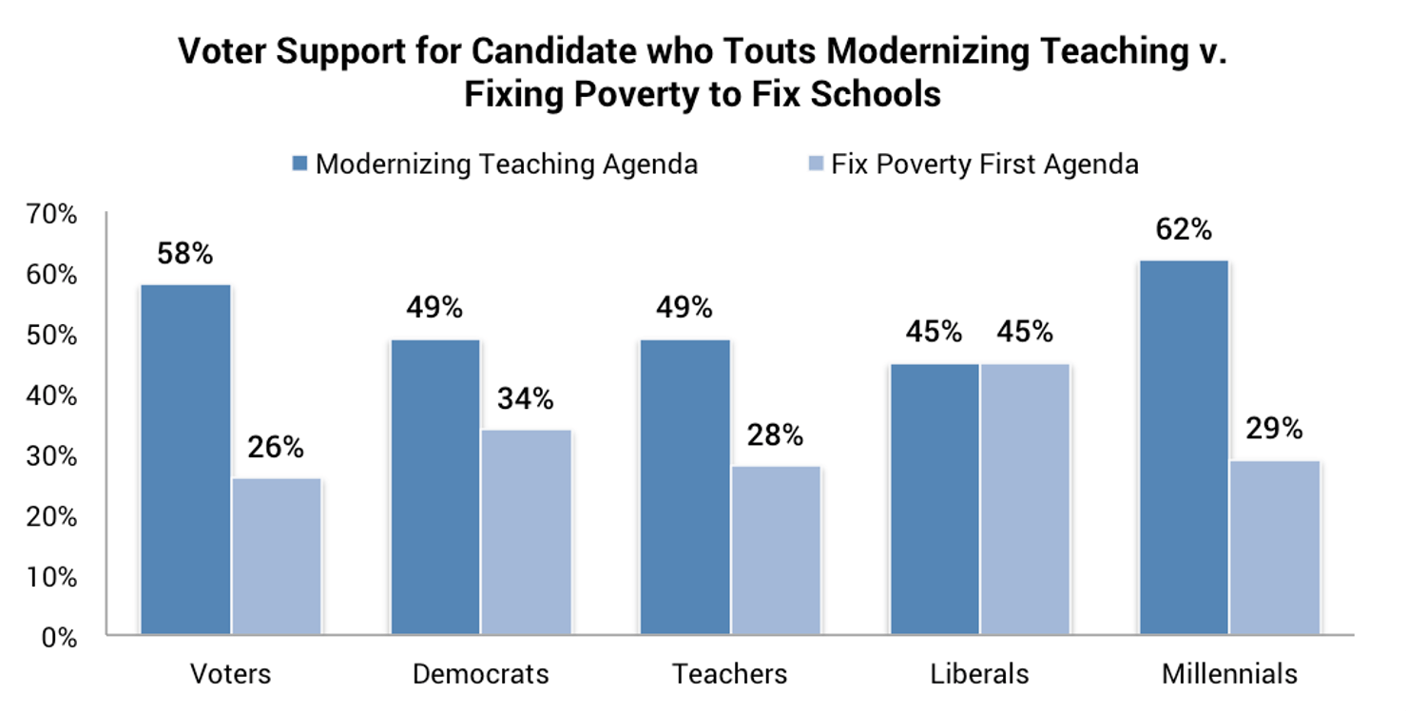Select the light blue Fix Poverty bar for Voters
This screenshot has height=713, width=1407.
tap(277, 556)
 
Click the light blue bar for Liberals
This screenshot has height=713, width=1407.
tap(1026, 498)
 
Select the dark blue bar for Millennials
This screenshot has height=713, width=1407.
tap(1184, 447)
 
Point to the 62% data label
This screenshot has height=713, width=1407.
tap(1185, 230)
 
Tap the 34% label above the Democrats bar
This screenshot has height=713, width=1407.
tap(526, 399)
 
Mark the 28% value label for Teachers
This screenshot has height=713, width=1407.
tap(775, 435)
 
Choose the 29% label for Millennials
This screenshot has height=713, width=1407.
tap(1275, 430)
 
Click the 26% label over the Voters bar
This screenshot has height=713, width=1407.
tap(277, 448)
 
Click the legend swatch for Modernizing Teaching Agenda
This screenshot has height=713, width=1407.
tap(300, 164)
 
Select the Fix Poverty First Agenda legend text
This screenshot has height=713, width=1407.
tap(984, 164)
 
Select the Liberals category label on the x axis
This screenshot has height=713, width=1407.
tap(979, 674)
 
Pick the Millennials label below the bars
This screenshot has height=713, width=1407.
tap(1229, 674)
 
